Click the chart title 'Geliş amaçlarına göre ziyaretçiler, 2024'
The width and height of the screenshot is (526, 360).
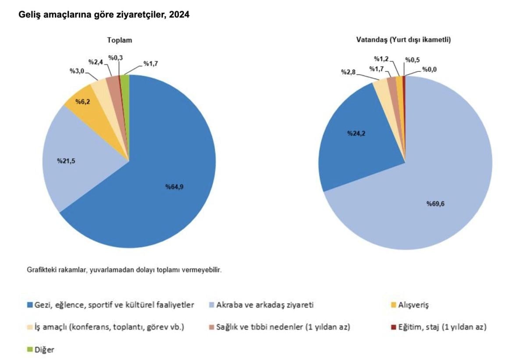pos(104,15)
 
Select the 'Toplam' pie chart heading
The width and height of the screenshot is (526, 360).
pos(120,40)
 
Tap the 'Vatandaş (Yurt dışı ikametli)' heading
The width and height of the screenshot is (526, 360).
pos(403,40)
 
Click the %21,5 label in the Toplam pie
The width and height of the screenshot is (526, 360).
pos(66,161)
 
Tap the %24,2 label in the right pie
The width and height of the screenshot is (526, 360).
pos(356,133)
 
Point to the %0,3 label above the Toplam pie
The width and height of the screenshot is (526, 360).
pos(115,58)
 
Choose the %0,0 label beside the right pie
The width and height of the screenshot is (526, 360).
pos(430,69)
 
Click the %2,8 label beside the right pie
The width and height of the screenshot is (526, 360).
pos(348,72)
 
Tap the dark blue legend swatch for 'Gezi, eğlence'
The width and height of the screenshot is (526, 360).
pos(30,304)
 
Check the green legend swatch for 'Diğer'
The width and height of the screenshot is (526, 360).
pos(30,349)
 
